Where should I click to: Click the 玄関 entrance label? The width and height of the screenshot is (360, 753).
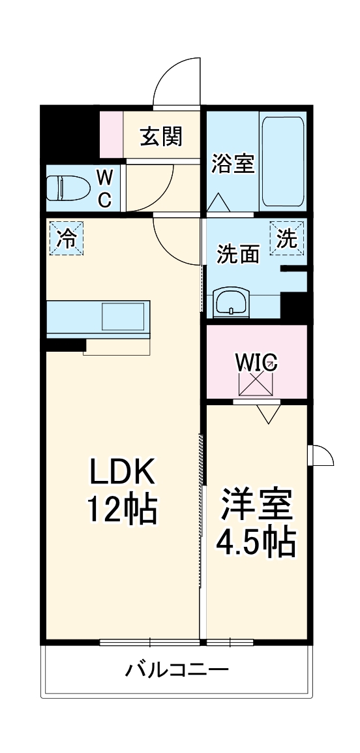coord(161,137)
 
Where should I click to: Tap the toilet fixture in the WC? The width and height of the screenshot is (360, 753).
coord(68,187)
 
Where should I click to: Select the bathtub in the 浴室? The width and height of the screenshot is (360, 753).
coord(283,161)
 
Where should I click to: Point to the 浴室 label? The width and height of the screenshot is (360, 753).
coord(233,164)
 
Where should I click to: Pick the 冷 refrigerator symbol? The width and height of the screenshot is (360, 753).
coord(67,238)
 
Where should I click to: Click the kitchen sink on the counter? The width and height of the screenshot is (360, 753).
coord(123,316)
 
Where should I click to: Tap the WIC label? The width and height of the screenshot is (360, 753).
coord(256,361)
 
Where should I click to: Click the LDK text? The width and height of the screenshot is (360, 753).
coord(121,472)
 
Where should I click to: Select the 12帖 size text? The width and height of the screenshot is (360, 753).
coord(122,509)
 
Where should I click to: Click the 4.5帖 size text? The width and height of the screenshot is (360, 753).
coord(255,543)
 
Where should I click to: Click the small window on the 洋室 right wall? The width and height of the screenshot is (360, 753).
coord(320,455)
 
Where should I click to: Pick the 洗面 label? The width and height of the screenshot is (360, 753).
coord(238,254)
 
